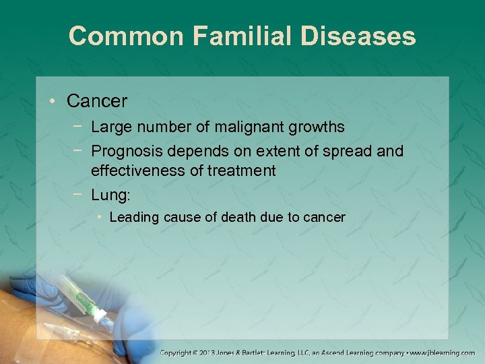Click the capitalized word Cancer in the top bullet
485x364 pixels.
point(97,101)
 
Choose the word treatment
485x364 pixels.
point(242,171)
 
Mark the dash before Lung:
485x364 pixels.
point(79,195)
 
